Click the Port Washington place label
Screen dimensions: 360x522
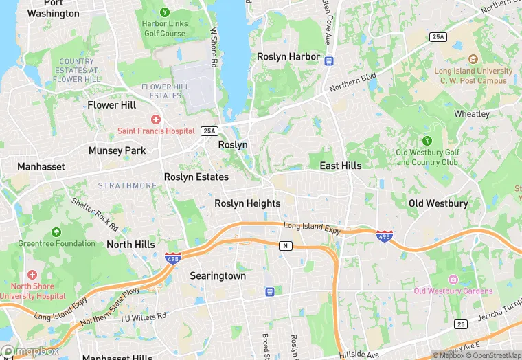click(x=53, y=8)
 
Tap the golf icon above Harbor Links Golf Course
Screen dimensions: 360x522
click(x=164, y=12)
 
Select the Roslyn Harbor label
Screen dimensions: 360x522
click(x=288, y=56)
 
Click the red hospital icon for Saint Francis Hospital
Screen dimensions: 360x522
click(x=157, y=119)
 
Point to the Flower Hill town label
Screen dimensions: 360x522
click(x=112, y=105)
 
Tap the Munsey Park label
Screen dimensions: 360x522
click(x=117, y=150)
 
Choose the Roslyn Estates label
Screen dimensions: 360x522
click(x=196, y=177)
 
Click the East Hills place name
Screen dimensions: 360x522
click(x=341, y=166)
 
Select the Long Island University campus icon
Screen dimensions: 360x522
click(x=472, y=60)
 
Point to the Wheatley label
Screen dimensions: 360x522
click(x=472, y=113)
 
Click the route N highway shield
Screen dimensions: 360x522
click(x=284, y=245)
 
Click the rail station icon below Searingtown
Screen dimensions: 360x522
click(x=270, y=291)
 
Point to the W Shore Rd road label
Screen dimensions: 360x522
click(x=214, y=47)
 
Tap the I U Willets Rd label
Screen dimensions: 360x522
click(x=144, y=317)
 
